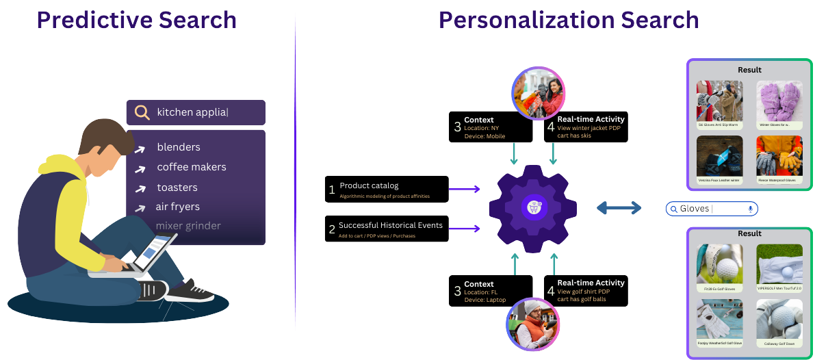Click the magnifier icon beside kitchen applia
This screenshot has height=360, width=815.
[142, 113]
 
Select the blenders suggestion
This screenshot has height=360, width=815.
[178, 147]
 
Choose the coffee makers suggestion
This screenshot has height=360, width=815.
[191, 167]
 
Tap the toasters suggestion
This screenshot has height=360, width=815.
[177, 188]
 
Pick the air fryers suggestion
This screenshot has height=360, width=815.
[177, 207]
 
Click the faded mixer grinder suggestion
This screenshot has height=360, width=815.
[188, 226]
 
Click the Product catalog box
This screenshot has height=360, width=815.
[387, 190]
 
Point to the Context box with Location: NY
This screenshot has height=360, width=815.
[490, 127]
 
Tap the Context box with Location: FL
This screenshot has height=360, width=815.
[490, 291]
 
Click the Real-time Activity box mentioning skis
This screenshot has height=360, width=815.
[586, 127]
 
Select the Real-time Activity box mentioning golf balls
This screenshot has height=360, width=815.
[586, 291]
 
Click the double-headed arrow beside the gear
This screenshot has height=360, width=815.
[619, 207]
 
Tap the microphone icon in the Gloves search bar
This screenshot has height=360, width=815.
[750, 209]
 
